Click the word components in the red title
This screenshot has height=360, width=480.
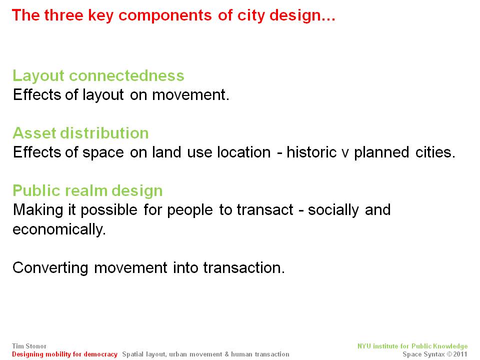164,16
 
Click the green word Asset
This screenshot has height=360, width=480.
34,133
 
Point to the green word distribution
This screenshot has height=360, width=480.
104,133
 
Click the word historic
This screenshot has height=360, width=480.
311,152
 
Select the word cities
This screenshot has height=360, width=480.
435,152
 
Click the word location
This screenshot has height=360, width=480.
243,152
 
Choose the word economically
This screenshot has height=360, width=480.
59,229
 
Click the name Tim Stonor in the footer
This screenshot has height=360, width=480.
29,346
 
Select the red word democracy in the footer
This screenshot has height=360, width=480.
100,354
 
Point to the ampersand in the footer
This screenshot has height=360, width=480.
226,354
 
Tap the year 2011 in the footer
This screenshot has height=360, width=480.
460,354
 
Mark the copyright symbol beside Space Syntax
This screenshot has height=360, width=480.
449,354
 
